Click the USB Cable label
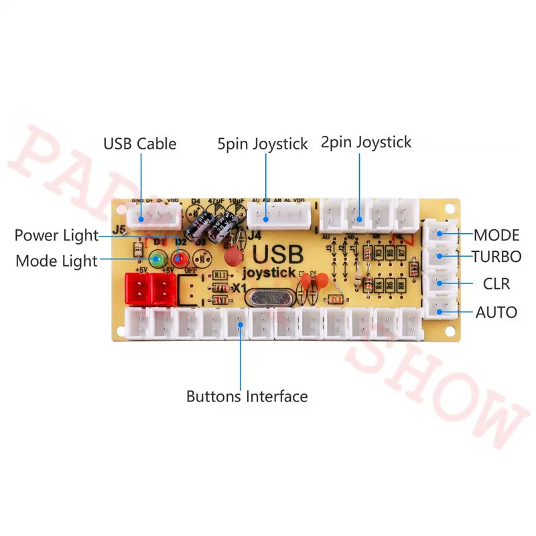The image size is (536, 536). tap(139, 143)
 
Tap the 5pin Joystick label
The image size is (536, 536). tap(262, 143)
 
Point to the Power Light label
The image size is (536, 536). tap(56, 235)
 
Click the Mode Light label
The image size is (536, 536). tap(56, 261)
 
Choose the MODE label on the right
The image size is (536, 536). tap(496, 235)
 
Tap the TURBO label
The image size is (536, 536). tap(496, 257)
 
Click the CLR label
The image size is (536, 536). tap(496, 284)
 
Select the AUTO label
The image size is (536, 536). tap(496, 312)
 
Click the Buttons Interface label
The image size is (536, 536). tap(247, 396)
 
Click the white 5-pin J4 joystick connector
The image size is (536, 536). tap(280, 216)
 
